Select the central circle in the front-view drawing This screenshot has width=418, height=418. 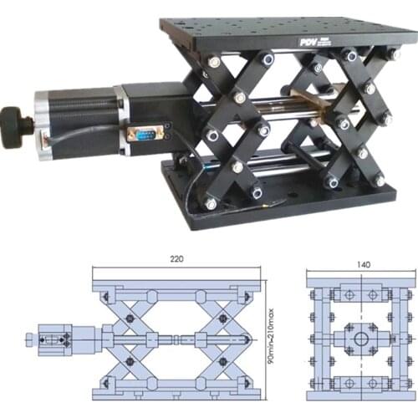[360, 339]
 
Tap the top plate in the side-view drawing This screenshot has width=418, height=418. [176, 285]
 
